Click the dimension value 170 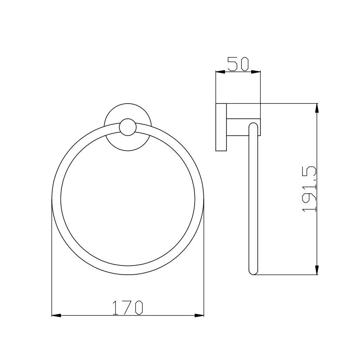point(128,308)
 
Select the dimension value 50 point(238,64)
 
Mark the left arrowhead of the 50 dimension point(219,72)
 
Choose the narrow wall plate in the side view point(221,127)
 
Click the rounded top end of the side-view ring point(253,126)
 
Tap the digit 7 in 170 point(128,308)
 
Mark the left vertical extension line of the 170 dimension point(52,261)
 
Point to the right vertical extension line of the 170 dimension point(204,261)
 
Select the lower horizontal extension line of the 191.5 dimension point(287,275)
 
